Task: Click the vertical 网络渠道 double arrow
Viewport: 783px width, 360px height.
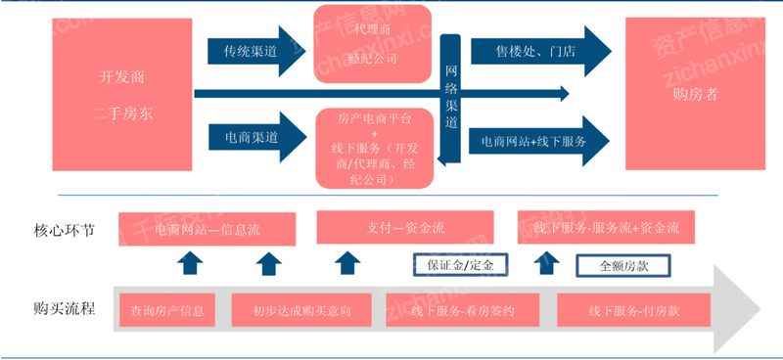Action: (x=451, y=99)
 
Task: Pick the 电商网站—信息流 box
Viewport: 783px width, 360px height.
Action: (x=206, y=229)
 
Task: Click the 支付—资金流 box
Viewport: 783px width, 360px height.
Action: (x=405, y=228)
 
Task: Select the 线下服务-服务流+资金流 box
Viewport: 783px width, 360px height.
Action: (x=607, y=228)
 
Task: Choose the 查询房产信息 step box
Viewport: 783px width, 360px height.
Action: (x=166, y=311)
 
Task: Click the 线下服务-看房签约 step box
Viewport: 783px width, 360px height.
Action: (x=463, y=311)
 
